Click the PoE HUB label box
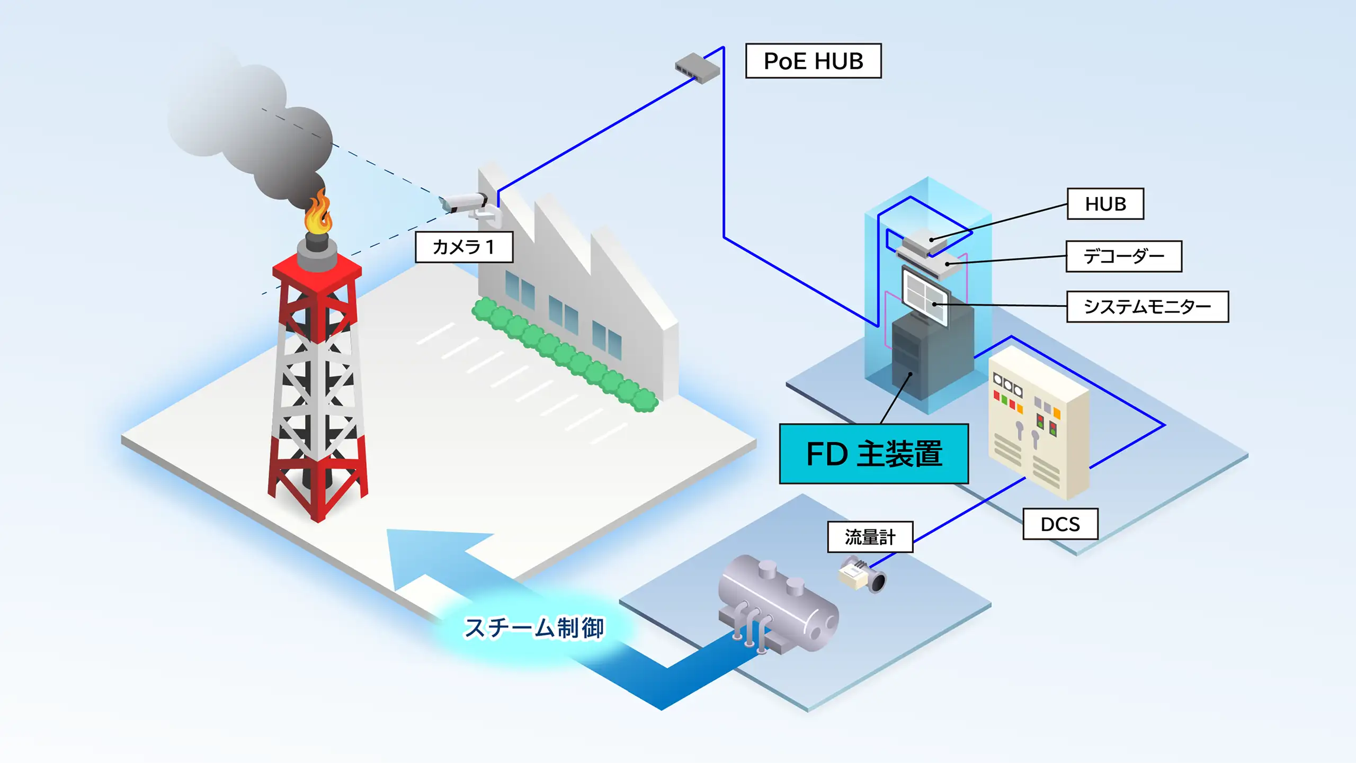click(x=813, y=61)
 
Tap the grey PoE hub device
click(x=697, y=68)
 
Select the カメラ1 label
click(x=464, y=247)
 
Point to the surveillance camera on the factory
click(x=465, y=202)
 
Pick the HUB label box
click(x=1105, y=204)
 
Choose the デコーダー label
click(x=1123, y=256)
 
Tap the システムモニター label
click(x=1147, y=307)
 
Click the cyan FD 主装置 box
click(x=873, y=454)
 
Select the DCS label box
click(x=1060, y=524)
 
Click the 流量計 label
click(x=870, y=537)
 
